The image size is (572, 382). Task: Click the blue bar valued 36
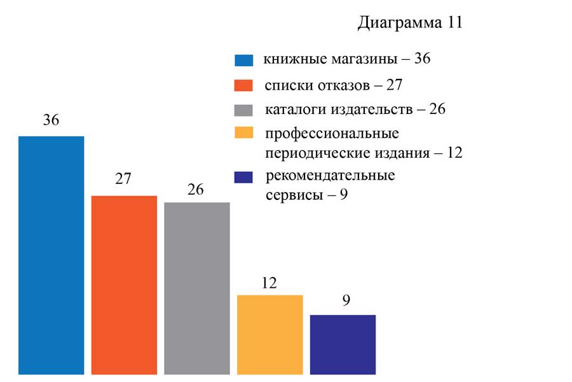(51, 255)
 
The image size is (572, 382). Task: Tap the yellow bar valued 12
(269, 334)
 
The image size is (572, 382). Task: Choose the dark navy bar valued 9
(343, 344)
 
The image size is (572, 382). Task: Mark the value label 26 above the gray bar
(196, 189)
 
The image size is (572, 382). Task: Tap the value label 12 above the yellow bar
(269, 282)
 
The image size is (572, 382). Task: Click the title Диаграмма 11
(409, 23)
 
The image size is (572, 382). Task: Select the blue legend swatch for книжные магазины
(244, 61)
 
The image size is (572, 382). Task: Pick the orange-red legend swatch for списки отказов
(244, 86)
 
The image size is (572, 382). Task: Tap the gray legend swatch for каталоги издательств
(244, 110)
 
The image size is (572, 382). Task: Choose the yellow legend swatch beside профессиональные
(244, 134)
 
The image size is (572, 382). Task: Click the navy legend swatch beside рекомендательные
(244, 177)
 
